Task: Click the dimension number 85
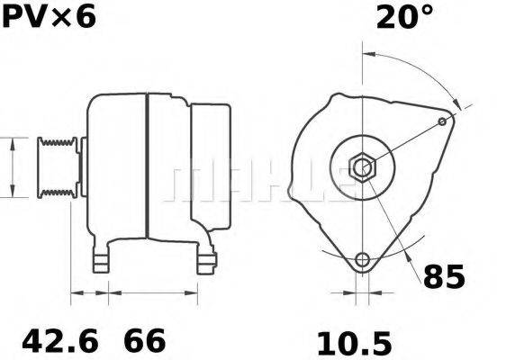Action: pos(444,276)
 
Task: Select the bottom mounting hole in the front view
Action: pos(362,260)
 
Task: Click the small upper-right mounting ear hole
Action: pos(442,121)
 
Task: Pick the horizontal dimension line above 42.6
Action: pos(89,292)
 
